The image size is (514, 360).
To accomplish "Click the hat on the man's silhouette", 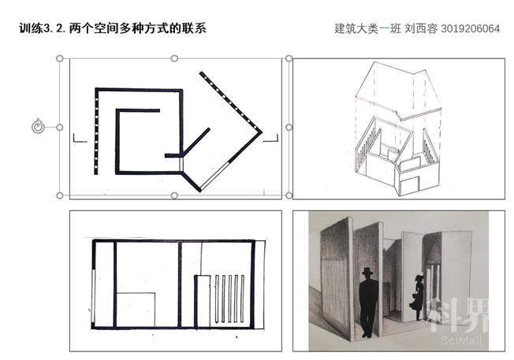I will (368, 273).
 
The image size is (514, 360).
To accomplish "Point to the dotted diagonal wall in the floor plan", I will (230, 102).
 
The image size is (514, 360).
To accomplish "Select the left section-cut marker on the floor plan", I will (77, 139).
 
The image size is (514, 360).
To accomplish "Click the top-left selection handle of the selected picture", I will (60, 58).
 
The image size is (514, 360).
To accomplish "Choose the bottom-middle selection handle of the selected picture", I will (174, 195).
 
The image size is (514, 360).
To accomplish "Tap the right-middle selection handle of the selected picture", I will (289, 127).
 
